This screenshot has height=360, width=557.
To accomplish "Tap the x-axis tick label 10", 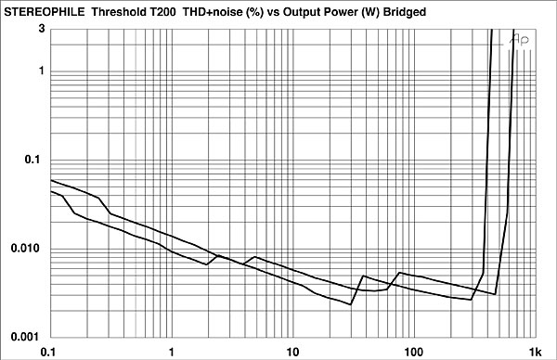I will click(x=292, y=351).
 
